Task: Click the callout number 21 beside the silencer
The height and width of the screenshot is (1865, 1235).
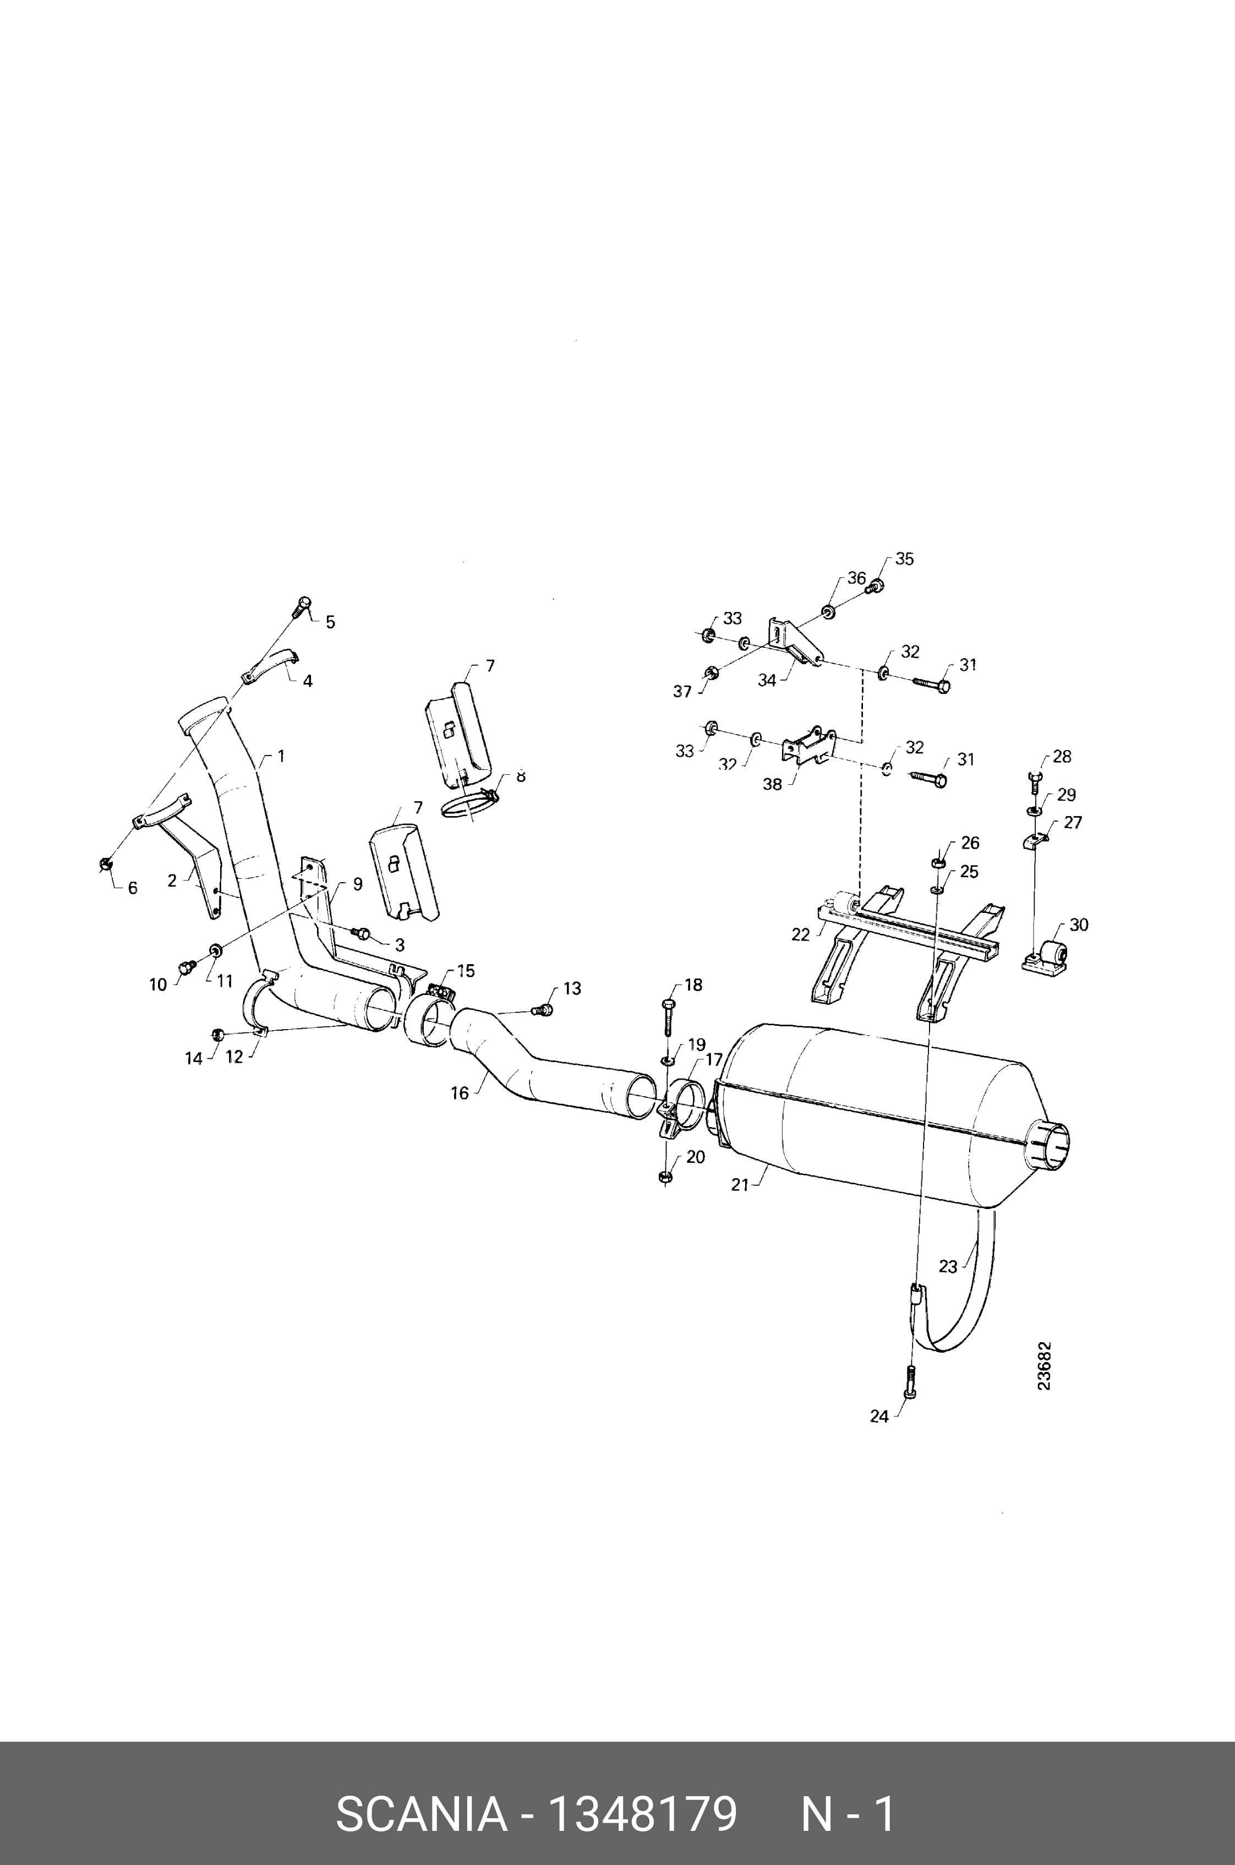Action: (x=740, y=1184)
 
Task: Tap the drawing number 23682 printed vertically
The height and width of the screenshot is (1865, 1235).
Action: (x=1045, y=1366)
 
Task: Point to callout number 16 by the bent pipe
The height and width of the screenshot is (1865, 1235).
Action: (x=460, y=1093)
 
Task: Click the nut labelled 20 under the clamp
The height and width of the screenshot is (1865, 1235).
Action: (x=664, y=1177)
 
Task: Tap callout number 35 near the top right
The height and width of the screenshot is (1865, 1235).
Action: (x=904, y=559)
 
